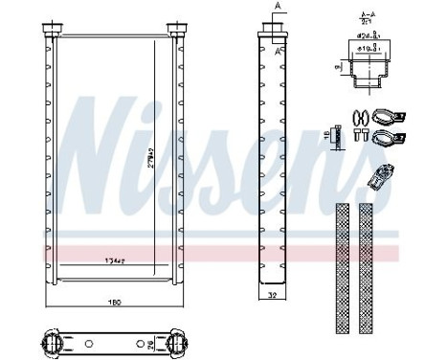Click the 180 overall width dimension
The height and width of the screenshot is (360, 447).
click(114, 305)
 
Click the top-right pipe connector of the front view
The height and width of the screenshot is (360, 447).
click(174, 27)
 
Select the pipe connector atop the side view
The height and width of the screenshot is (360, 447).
click(275, 29)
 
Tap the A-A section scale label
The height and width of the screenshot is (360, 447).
click(365, 18)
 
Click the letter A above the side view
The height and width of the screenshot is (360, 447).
click(278, 7)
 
